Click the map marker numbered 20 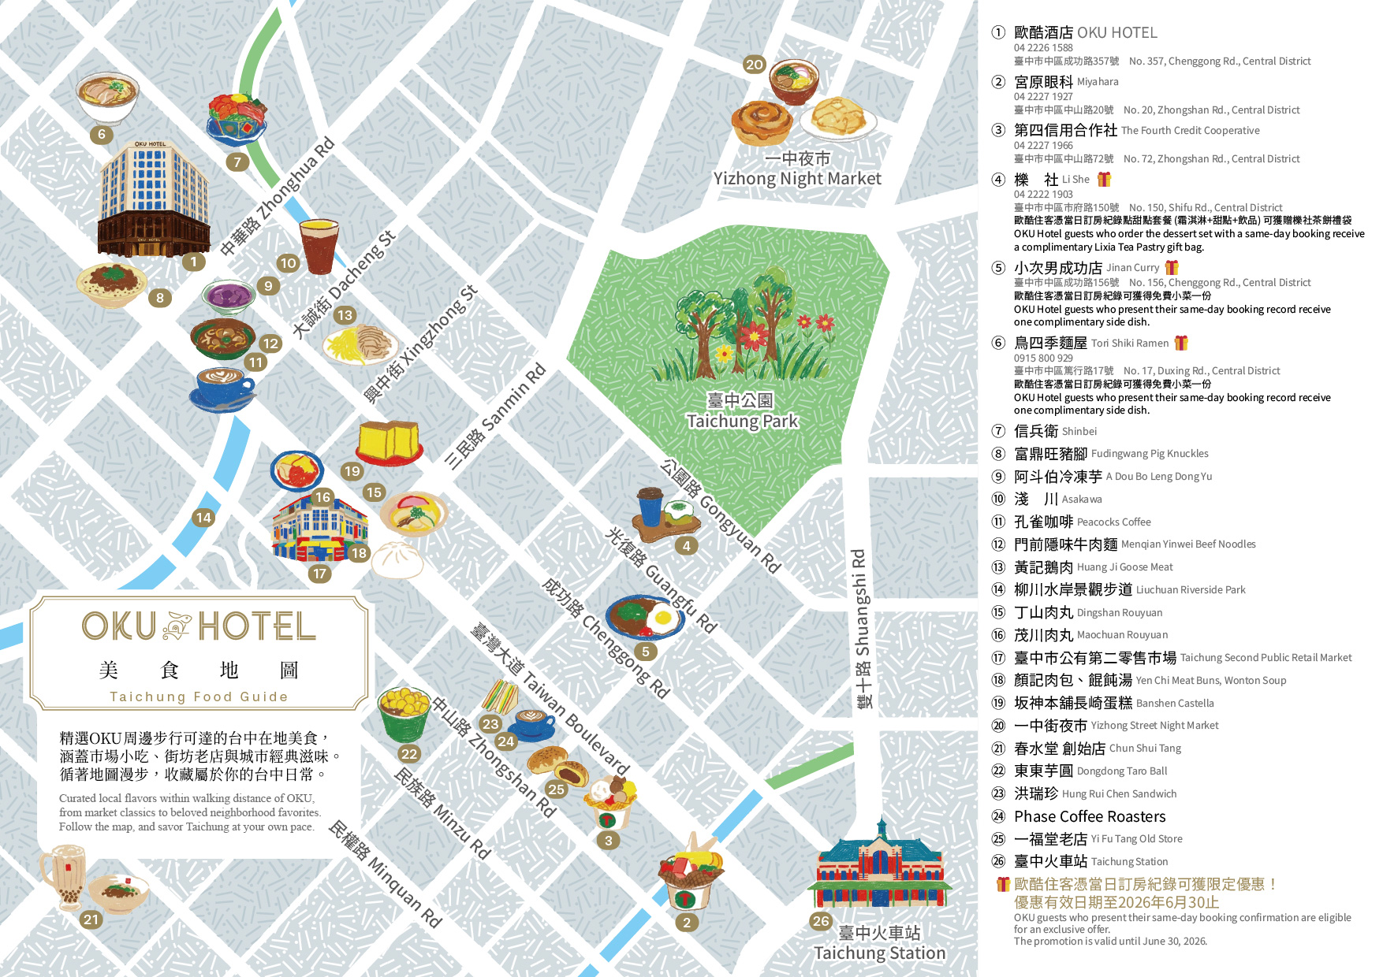pos(755,65)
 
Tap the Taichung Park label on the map pos(742,411)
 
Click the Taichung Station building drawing pos(879,867)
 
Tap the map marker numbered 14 pos(203,518)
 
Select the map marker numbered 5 pos(646,652)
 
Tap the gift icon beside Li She pos(1104,180)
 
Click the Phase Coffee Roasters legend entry pos(1089,816)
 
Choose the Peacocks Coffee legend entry pos(1082,522)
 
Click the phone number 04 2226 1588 pos(1043,48)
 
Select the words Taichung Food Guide pos(199,697)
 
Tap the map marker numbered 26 pos(821,921)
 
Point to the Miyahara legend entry pos(1065,82)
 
